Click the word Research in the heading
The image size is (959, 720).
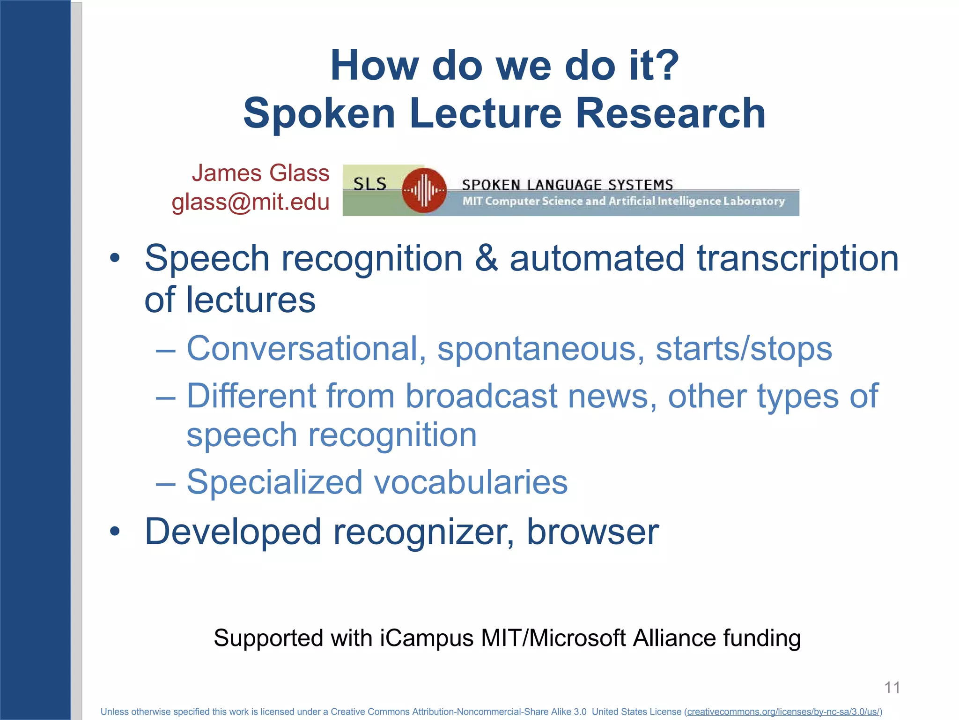coord(670,113)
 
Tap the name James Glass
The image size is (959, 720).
coord(260,173)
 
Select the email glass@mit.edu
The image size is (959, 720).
coord(251,202)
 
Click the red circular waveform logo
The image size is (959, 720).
coord(424,190)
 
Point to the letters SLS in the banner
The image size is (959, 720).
coord(370,184)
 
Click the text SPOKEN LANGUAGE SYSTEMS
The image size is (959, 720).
coord(567,185)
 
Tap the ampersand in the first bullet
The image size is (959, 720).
coord(486,258)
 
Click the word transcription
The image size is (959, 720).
coord(797,258)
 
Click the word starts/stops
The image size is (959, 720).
coord(744,349)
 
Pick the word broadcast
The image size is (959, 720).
coord(481,396)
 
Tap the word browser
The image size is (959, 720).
coord(592,532)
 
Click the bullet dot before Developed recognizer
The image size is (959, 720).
coord(115,532)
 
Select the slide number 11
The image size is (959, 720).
coord(892,688)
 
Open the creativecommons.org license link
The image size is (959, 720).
coord(783,712)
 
